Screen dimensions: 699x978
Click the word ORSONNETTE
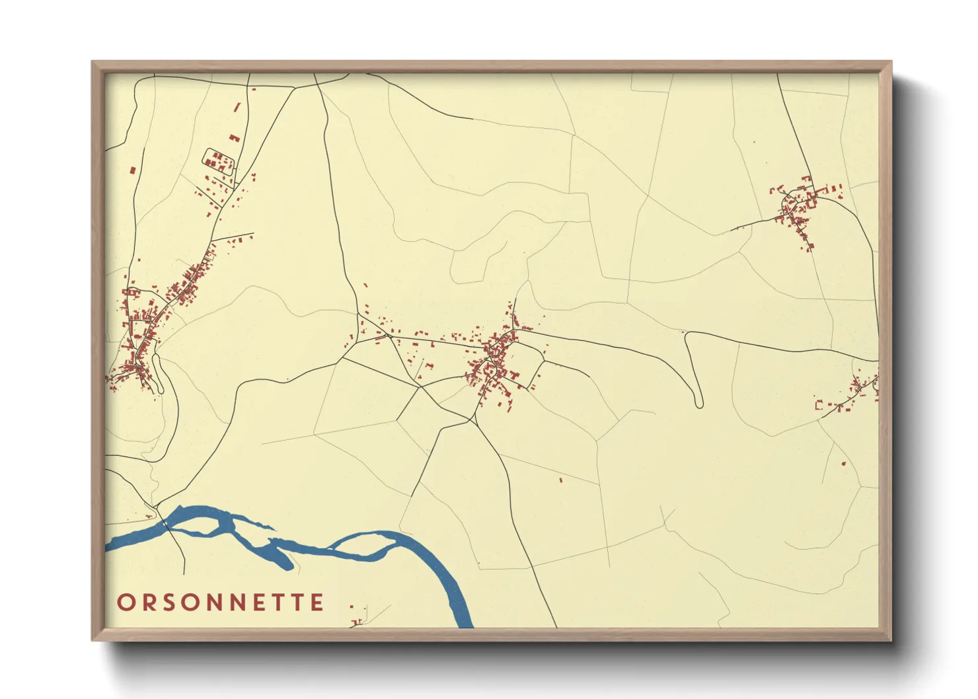pyautogui.click(x=221, y=602)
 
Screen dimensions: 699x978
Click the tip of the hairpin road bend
pyautogui.click(x=698, y=404)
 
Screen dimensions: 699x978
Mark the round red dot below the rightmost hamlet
pyautogui.click(x=844, y=463)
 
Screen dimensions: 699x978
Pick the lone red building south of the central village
pyautogui.click(x=560, y=480)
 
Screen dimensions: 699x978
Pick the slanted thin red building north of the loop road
pyautogui.click(x=237, y=107)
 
